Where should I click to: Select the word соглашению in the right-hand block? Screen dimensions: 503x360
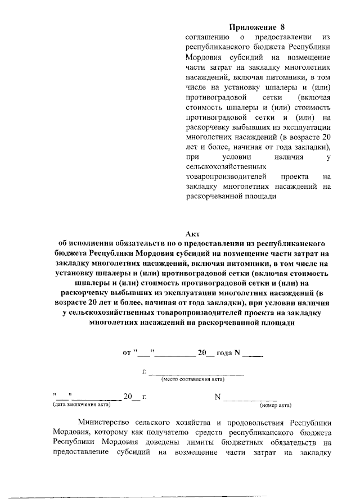(205, 37)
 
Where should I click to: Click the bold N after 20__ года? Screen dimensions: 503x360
(237, 353)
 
